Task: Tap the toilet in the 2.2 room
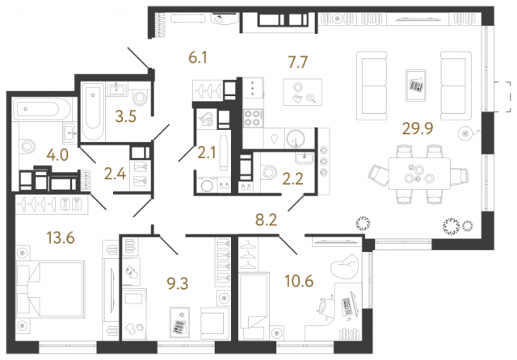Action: (x=270, y=170)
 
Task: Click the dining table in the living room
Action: (x=418, y=171)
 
